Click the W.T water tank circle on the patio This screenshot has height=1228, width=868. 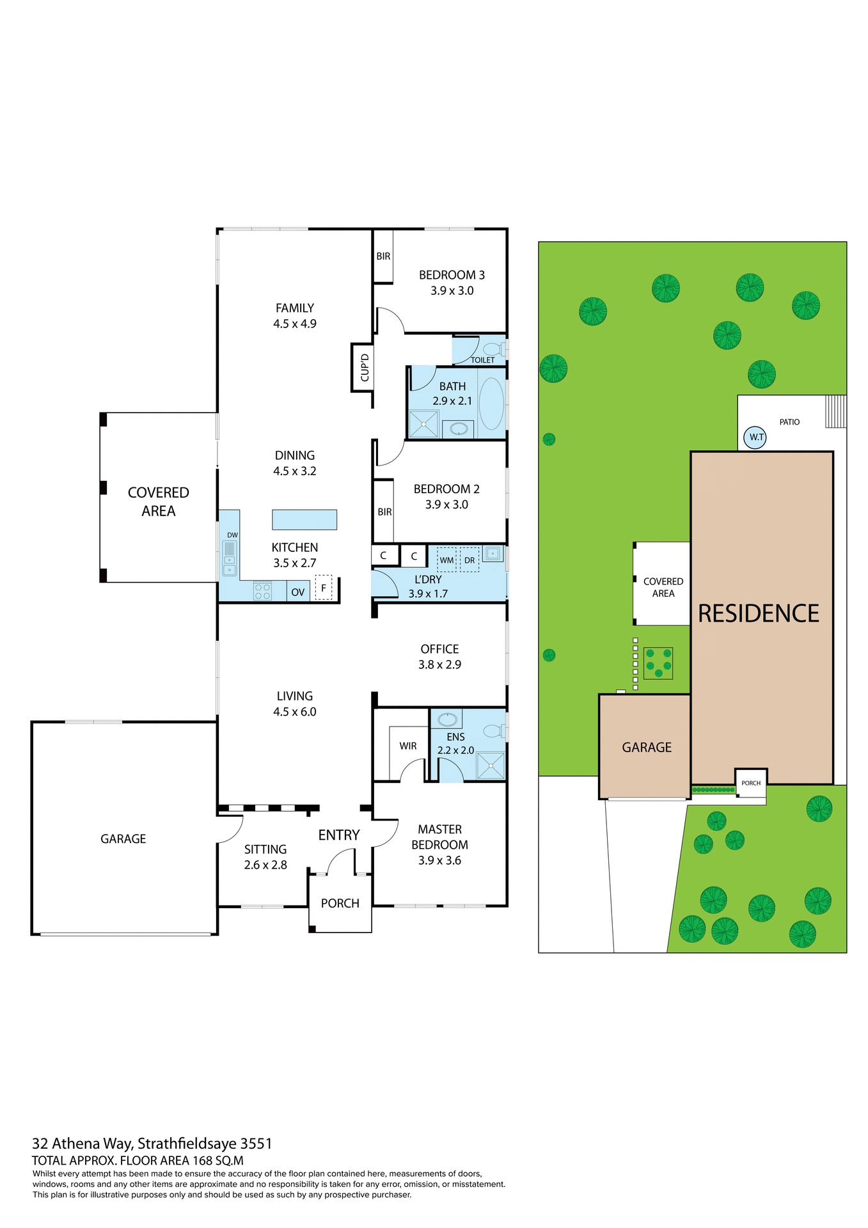pyautogui.click(x=755, y=437)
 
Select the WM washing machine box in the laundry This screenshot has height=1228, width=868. pyautogui.click(x=446, y=560)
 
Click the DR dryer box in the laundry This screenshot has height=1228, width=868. pyautogui.click(x=470, y=560)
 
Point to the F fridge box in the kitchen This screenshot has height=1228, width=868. pyautogui.click(x=324, y=588)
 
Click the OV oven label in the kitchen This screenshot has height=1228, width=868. pyautogui.click(x=297, y=592)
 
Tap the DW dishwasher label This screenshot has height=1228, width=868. pyautogui.click(x=232, y=535)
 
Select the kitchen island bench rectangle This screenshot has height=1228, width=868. pyautogui.click(x=304, y=519)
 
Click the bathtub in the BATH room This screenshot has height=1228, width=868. pyautogui.click(x=491, y=403)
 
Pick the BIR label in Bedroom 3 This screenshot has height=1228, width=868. pyautogui.click(x=383, y=256)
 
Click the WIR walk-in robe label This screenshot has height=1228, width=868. pyautogui.click(x=408, y=746)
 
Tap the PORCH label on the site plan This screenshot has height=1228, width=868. pyautogui.click(x=751, y=783)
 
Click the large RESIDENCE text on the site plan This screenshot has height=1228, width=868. pyautogui.click(x=758, y=613)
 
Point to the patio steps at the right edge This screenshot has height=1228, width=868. pyautogui.click(x=835, y=411)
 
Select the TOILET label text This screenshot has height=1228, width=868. pyautogui.click(x=483, y=360)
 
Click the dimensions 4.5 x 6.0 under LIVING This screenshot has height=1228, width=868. pyautogui.click(x=295, y=712)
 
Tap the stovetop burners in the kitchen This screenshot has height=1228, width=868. pyautogui.click(x=262, y=590)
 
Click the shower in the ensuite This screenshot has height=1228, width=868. pyautogui.click(x=491, y=766)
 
